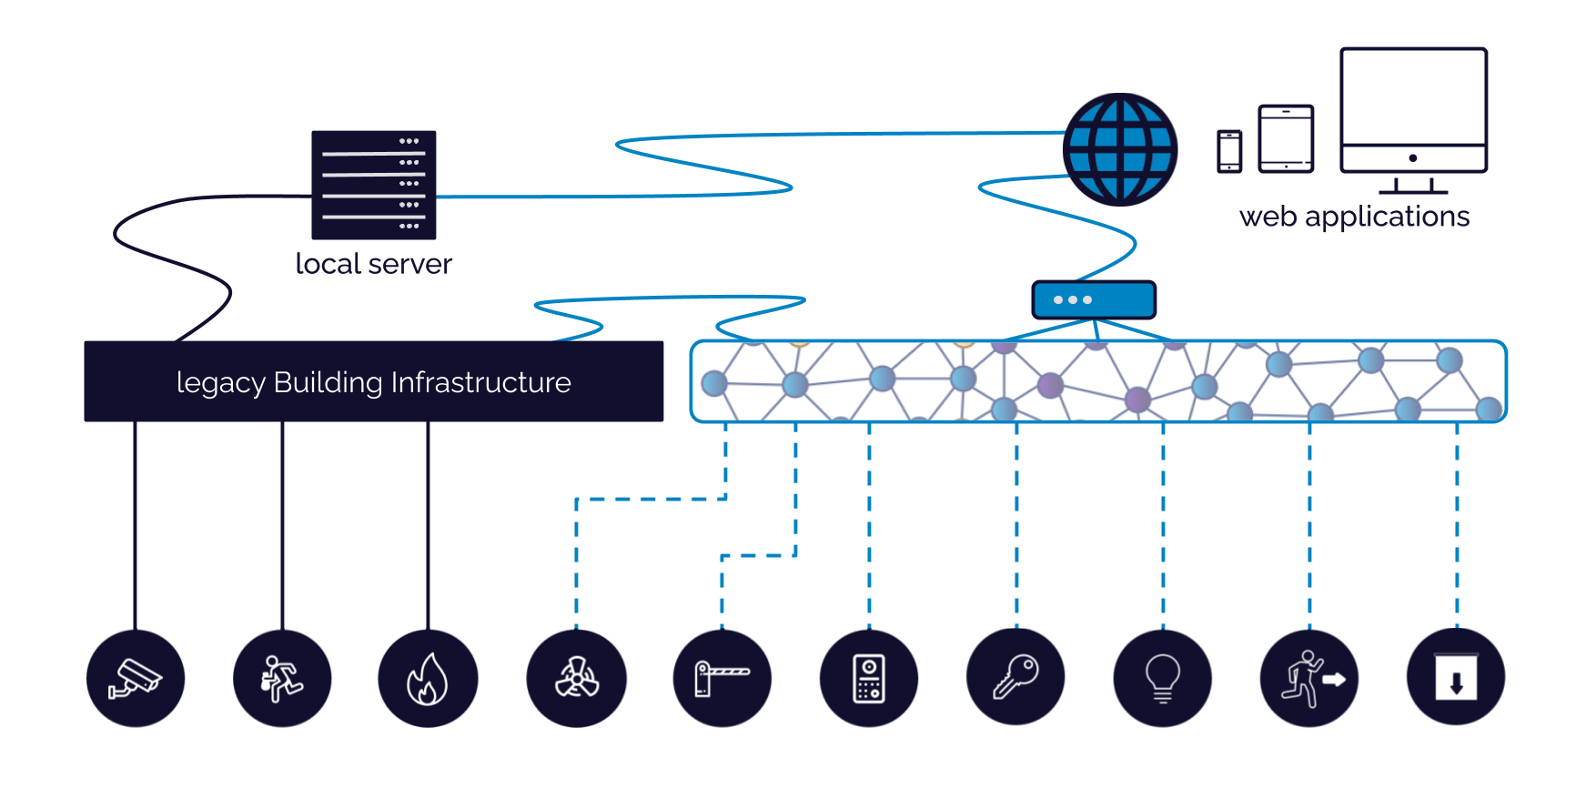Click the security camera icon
[136, 678]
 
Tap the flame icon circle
[429, 678]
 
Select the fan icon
[577, 678]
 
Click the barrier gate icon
[722, 678]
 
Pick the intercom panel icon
[869, 678]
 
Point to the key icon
[1016, 677]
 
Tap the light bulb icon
[1163, 678]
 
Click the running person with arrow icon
[1309, 678]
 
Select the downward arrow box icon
[1456, 677]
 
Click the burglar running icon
[282, 678]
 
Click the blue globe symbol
[1120, 149]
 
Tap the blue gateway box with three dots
[1094, 299]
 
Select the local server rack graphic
[374, 185]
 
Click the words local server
[374, 264]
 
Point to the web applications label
[1354, 217]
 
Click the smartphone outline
[1229, 151]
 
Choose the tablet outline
[1286, 138]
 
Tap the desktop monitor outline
[1413, 112]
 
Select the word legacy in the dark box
[220, 383]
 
